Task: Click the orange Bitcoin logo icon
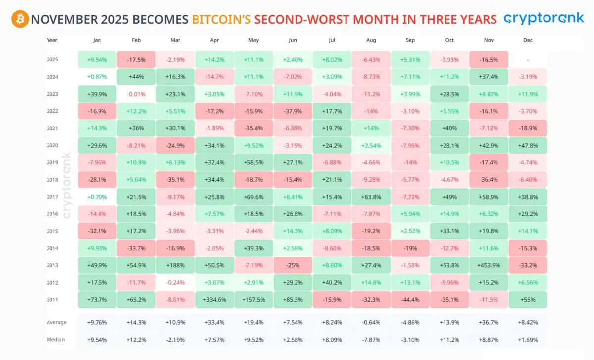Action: coord(20,19)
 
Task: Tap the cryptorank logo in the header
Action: coord(544,19)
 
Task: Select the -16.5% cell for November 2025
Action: coord(489,59)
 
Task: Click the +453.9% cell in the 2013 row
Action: coord(489,265)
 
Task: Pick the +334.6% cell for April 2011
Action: coord(214,300)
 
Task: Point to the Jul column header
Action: coord(332,40)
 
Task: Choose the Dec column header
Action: coord(527,40)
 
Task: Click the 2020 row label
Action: coord(52,145)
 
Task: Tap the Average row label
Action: coord(56,322)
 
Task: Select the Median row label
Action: coord(55,340)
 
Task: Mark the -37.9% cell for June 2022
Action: coord(293,111)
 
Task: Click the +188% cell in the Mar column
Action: coord(175,265)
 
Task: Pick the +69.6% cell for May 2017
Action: coord(253,197)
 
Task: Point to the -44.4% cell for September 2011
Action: coord(410,300)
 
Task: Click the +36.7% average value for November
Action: coord(489,322)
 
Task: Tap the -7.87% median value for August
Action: coord(371,340)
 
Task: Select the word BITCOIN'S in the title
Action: coord(221,19)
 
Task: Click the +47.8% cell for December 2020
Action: coord(528,145)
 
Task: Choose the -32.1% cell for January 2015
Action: coord(97,231)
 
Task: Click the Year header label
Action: coord(52,40)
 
